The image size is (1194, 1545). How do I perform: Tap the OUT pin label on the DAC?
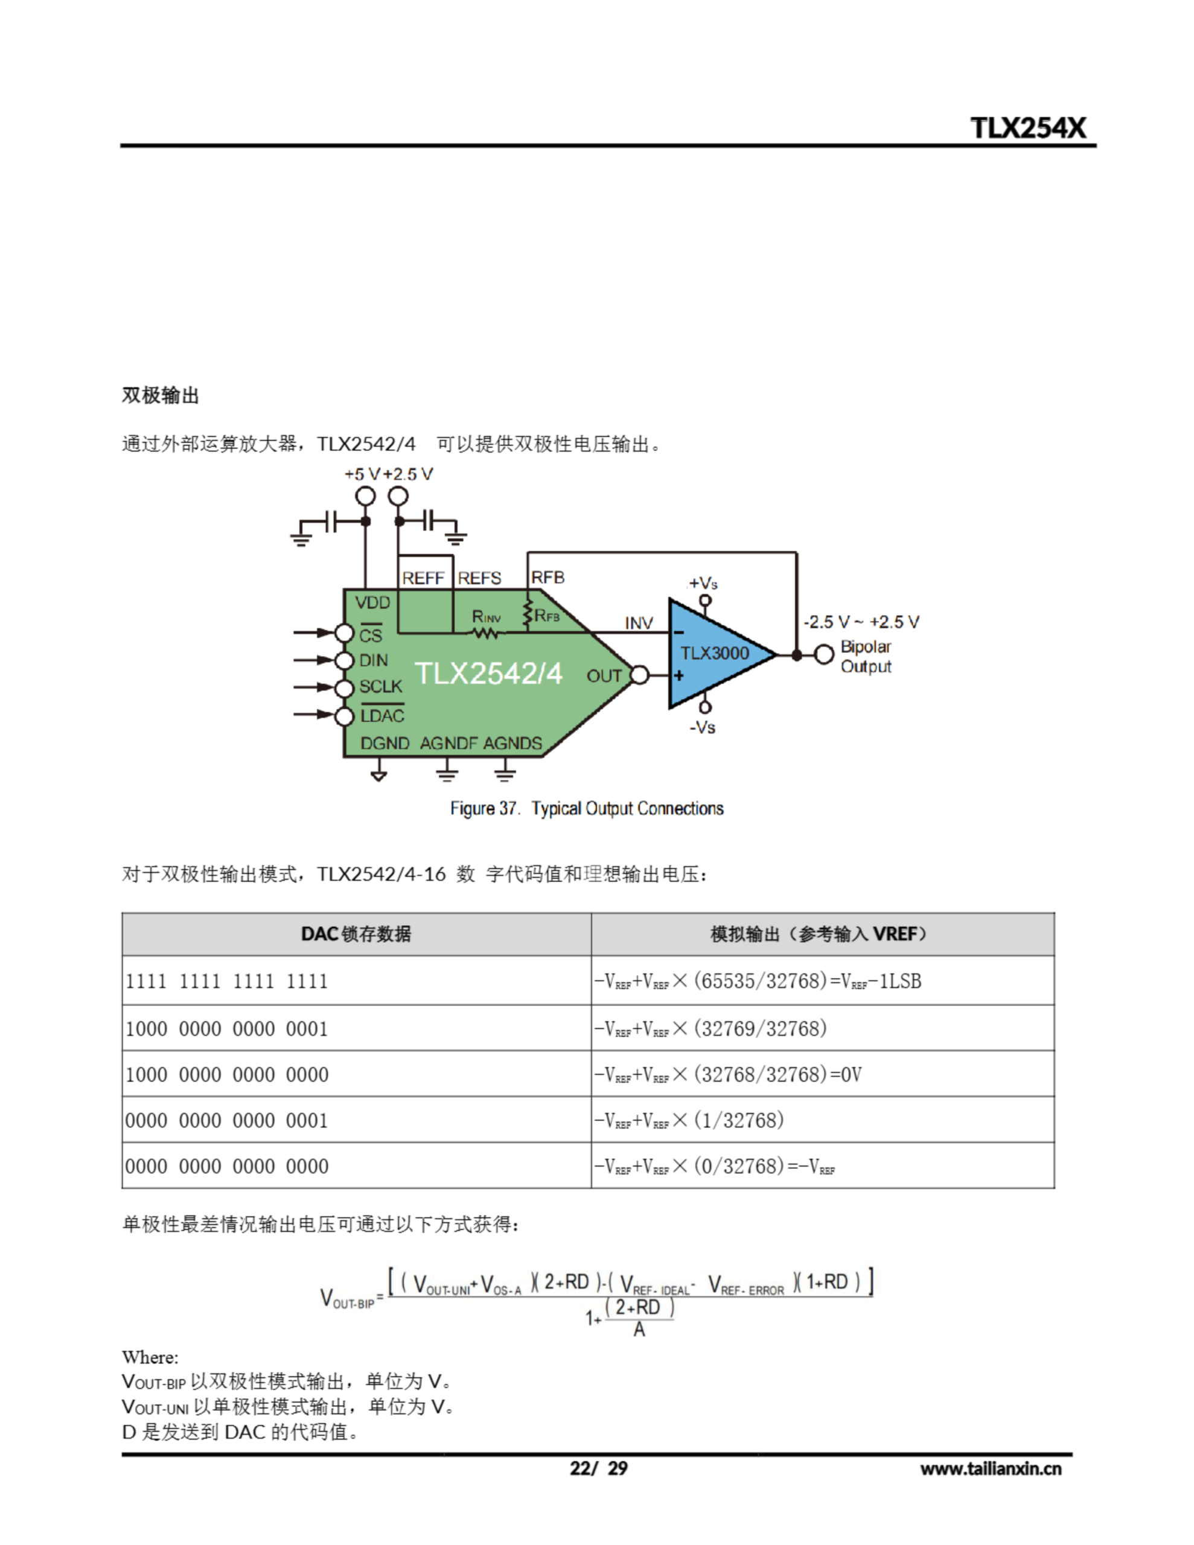click(603, 675)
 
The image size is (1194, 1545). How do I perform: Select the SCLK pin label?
click(380, 686)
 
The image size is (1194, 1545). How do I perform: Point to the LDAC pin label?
click(382, 716)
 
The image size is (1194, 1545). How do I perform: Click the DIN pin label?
click(373, 660)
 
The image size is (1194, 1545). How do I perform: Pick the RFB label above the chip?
click(548, 577)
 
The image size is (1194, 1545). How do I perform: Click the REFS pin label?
click(479, 578)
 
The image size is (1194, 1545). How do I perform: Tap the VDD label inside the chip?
click(372, 603)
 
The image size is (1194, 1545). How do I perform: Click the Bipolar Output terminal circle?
click(823, 654)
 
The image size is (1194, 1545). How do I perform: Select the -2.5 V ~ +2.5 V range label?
click(861, 622)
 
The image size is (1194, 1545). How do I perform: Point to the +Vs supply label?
click(703, 583)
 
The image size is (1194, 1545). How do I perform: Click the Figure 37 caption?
click(587, 808)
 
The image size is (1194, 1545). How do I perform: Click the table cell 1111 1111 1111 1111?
click(226, 981)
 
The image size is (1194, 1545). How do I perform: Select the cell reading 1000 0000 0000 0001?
click(226, 1028)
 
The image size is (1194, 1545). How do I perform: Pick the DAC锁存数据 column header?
click(356, 934)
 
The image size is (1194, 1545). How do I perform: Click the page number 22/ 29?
click(598, 1468)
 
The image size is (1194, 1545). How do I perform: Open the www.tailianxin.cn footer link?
click(990, 1468)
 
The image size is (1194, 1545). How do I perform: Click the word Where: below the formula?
click(150, 1357)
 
